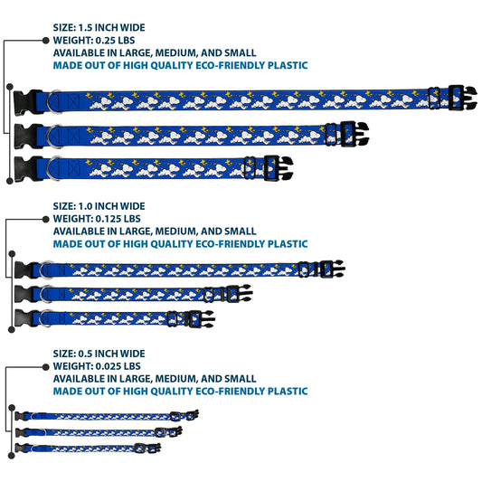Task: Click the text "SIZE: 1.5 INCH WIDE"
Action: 99,28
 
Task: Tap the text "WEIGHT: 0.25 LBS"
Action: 94,41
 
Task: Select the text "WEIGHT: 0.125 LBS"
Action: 97,219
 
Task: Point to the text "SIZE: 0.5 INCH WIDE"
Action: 99,354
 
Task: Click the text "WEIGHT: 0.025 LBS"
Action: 97,366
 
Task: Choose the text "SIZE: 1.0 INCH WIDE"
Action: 99,206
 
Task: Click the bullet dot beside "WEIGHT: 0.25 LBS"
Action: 46,41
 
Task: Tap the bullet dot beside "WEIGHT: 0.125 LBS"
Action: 46,219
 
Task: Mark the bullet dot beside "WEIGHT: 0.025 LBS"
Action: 46,367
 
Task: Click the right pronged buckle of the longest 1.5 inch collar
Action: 463,98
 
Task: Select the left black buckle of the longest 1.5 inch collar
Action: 27,103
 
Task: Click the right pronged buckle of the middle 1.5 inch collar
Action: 354,134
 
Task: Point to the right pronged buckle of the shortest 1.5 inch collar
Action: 279,168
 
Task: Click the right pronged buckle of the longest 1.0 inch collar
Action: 332,269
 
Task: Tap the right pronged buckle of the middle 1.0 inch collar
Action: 239,294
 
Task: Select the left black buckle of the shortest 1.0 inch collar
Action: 24,317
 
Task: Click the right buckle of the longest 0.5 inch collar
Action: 192,415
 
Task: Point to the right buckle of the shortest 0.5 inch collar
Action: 155,448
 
